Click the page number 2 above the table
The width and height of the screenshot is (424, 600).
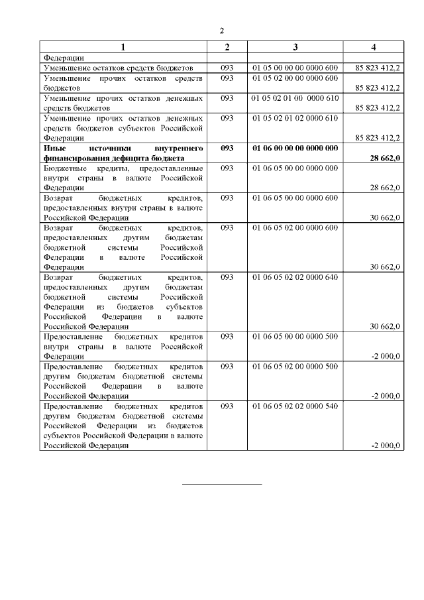(x=223, y=30)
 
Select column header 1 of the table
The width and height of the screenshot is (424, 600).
(x=123, y=46)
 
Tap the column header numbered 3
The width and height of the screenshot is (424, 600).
(x=295, y=46)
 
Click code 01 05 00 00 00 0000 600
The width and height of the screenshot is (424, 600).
(x=295, y=68)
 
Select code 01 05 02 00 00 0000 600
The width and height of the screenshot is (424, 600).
(x=295, y=78)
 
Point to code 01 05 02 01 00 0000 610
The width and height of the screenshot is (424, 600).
(x=295, y=98)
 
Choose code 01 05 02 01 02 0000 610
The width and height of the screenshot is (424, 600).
(x=295, y=118)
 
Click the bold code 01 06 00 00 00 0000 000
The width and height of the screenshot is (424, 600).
(x=295, y=148)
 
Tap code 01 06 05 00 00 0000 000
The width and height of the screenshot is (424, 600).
(x=295, y=168)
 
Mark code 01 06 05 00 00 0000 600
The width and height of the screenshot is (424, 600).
(x=295, y=198)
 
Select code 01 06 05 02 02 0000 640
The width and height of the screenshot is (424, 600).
(x=295, y=276)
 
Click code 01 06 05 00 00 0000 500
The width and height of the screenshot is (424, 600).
(x=295, y=336)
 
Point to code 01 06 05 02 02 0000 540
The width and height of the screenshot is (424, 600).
(x=295, y=406)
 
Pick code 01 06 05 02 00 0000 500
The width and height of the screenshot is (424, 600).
(x=295, y=366)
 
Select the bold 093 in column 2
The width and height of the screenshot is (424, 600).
(x=227, y=148)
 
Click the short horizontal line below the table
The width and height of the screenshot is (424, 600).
(x=223, y=485)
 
